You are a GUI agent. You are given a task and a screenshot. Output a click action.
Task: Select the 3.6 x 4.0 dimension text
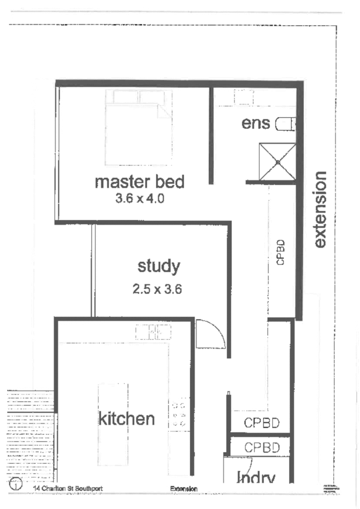click(x=140, y=198)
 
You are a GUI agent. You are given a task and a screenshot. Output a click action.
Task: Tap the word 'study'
click(x=159, y=266)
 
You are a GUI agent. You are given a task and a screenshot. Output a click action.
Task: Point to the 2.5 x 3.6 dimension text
click(x=157, y=289)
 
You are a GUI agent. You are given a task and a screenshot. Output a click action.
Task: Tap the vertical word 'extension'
click(x=320, y=209)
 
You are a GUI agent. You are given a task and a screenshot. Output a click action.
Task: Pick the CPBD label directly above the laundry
click(x=261, y=448)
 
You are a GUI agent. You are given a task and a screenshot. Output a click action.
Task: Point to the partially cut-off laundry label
click(x=256, y=477)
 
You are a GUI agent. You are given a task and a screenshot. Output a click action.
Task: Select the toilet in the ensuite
click(x=285, y=125)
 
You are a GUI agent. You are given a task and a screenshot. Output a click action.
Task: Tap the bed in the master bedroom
click(x=138, y=127)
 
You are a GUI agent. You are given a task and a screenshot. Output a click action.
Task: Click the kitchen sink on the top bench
click(x=153, y=332)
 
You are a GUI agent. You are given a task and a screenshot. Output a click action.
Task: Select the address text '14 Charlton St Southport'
click(x=67, y=488)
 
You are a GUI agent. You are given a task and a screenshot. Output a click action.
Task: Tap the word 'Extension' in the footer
click(x=184, y=489)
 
